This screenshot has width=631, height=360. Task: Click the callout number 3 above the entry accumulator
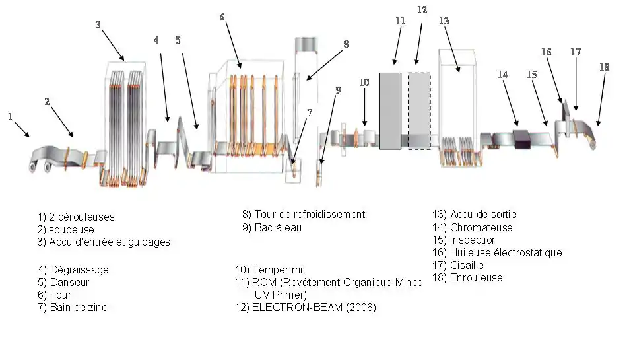click(98, 25)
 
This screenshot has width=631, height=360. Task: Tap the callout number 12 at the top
click(422, 10)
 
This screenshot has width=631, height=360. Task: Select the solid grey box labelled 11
click(390, 111)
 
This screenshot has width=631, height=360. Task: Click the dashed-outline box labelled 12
click(419, 111)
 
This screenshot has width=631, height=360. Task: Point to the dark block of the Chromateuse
click(522, 139)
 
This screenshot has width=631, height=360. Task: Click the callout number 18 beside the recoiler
click(605, 67)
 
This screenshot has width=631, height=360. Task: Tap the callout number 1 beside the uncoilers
click(11, 117)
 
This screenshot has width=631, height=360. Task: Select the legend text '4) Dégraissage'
click(73, 270)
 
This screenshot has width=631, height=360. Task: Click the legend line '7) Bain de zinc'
click(72, 308)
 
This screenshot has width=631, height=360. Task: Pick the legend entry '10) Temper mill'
click(271, 270)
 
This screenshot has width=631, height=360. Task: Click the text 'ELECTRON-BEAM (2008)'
click(314, 308)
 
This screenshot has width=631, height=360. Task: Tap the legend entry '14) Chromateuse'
click(473, 227)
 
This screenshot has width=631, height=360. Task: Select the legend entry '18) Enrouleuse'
click(467, 278)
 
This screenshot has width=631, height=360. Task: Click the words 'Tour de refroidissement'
click(310, 214)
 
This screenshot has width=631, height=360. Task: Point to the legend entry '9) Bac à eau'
click(272, 227)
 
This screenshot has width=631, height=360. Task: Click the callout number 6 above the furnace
click(222, 17)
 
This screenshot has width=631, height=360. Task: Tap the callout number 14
click(503, 75)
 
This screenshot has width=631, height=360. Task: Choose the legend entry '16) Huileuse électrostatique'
click(497, 253)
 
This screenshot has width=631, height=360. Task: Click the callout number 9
click(338, 90)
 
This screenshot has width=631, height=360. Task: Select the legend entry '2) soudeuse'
click(65, 229)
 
